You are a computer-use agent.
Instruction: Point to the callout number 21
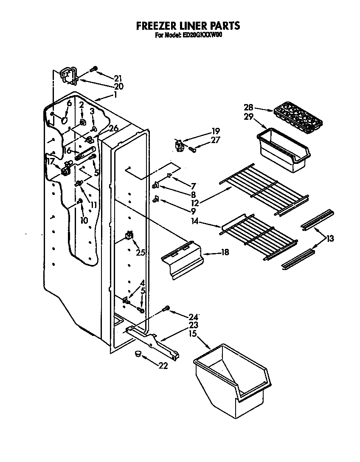(x=118, y=78)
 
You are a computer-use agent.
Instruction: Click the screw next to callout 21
(x=94, y=69)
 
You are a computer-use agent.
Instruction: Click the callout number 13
(x=329, y=239)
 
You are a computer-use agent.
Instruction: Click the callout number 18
(x=225, y=253)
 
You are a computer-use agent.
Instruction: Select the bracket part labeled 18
(x=181, y=260)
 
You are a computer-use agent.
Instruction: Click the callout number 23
(x=194, y=326)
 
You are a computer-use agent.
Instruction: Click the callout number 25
(x=141, y=253)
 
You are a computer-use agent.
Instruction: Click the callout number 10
(x=84, y=220)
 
